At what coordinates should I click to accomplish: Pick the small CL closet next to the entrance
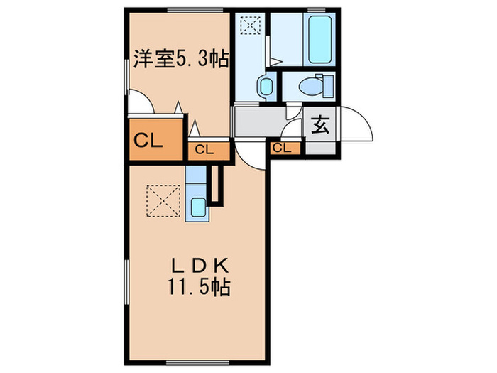coord(282,148)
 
